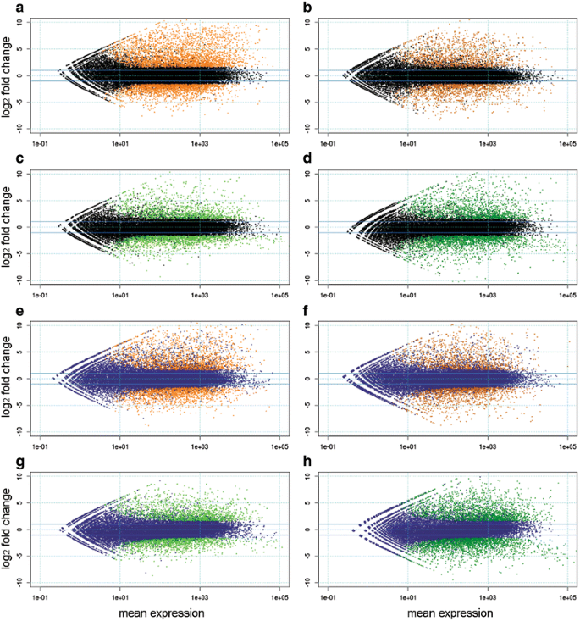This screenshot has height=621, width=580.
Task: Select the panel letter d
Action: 301,160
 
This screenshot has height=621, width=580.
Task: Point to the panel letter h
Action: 301,463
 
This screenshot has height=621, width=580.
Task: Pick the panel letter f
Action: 301,311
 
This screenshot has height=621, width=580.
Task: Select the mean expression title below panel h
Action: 447,612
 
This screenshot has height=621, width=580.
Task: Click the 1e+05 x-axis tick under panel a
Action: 279,144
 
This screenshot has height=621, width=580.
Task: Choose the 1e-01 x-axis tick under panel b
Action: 328,144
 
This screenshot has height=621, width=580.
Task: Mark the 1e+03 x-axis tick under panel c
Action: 199,296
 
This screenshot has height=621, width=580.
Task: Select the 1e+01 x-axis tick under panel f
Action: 407,447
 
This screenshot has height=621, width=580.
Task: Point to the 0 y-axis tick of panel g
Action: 27,530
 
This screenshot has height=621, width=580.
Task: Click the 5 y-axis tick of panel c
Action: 27,200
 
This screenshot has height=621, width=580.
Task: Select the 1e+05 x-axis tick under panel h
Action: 566,598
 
